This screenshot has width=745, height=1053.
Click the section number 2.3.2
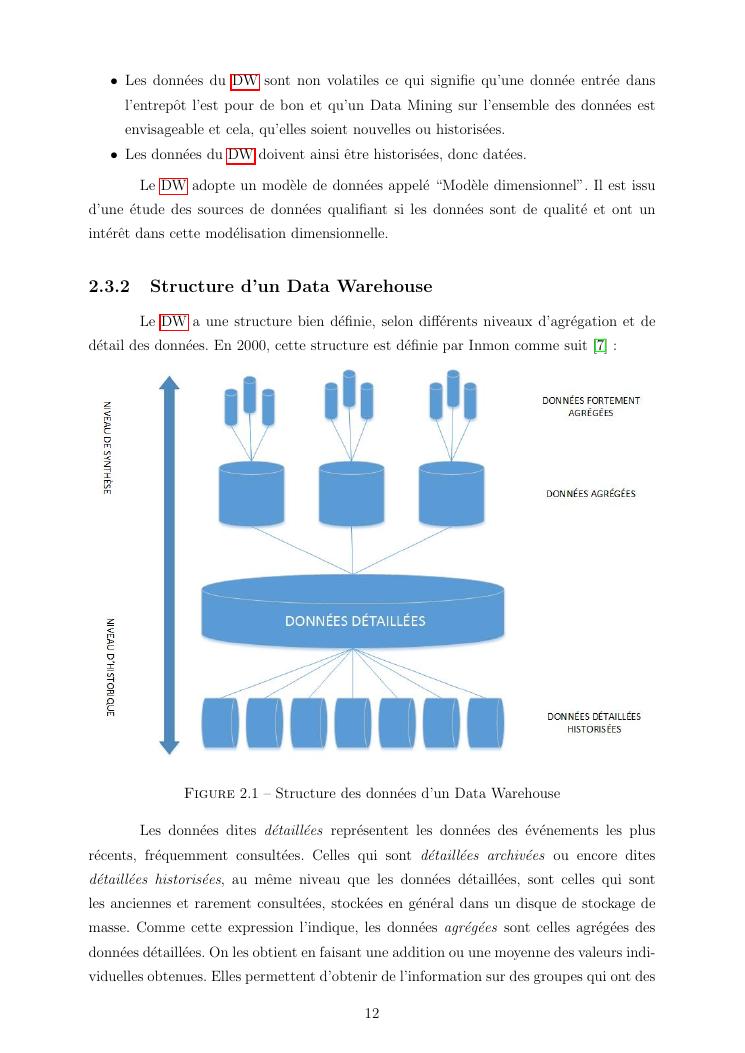111,287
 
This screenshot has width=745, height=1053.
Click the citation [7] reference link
599,345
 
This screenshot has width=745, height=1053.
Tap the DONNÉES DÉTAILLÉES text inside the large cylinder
355,621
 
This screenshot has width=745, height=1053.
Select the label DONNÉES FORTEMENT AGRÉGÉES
590,406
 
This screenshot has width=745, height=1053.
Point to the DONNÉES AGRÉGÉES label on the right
590,493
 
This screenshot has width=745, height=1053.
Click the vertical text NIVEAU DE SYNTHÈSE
107,447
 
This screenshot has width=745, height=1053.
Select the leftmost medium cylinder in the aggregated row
251,494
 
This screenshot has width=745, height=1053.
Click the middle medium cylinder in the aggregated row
352,494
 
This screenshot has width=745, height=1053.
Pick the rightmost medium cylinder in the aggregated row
452,494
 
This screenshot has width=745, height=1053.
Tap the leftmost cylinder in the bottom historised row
220,723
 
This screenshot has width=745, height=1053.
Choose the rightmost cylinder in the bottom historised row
485,723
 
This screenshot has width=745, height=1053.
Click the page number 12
372,1013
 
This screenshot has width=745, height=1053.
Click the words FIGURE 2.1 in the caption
225,793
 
